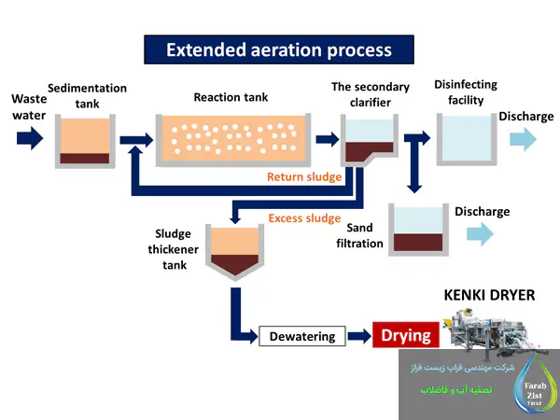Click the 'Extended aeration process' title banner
click(278, 49)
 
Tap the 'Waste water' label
click(28, 106)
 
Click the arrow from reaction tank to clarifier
click(326, 140)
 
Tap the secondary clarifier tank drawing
click(368, 141)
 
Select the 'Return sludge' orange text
click(304, 176)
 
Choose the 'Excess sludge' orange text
click(304, 218)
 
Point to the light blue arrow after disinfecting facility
click(523, 140)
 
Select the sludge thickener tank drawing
click(234, 254)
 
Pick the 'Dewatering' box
click(301, 336)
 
